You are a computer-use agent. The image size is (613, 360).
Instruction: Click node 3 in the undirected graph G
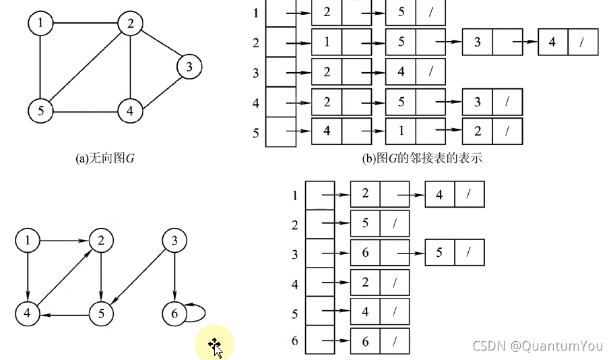(x=189, y=67)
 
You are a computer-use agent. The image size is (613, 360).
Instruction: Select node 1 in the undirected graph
(x=41, y=24)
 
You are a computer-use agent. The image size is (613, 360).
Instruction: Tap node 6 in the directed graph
(x=175, y=313)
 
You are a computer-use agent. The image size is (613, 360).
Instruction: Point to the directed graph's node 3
(x=175, y=241)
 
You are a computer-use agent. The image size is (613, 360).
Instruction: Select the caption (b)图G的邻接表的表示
(x=422, y=159)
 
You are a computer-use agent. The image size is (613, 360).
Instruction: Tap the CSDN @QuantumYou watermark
(x=538, y=346)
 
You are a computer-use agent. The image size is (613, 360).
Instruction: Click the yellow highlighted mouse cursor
(x=215, y=346)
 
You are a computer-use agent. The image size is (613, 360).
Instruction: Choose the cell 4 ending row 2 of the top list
(x=552, y=42)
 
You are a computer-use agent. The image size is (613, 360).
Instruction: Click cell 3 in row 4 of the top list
(x=477, y=102)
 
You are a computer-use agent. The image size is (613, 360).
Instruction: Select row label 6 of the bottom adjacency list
(x=294, y=341)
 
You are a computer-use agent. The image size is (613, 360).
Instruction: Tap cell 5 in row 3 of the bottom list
(x=439, y=252)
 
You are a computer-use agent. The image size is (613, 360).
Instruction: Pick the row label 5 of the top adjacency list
(x=256, y=133)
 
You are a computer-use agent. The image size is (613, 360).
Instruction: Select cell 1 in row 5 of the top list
(x=401, y=131)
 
